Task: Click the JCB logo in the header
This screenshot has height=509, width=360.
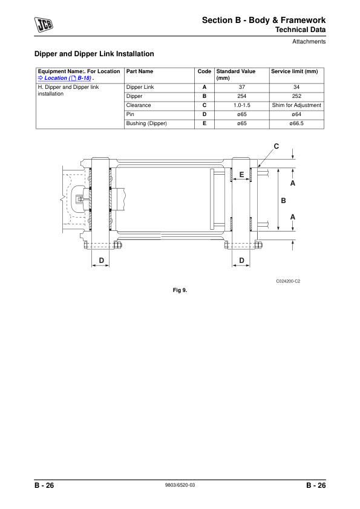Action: coord(44,24)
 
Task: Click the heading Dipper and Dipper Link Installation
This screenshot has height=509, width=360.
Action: coord(94,54)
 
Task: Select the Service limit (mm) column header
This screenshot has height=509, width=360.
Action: coord(294,71)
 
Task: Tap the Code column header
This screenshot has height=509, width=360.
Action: coord(204,71)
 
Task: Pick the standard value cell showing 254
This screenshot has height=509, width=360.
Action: coord(241,96)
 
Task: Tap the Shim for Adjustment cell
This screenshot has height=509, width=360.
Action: coord(296,105)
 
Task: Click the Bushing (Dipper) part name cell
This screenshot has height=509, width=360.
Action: coord(146,123)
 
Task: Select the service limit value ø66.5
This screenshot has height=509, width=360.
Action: coord(296,123)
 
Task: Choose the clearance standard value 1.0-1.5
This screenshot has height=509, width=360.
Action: coord(241,105)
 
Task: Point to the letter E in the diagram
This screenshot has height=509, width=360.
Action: coord(241,174)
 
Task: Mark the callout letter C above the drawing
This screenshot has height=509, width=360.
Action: coord(277,146)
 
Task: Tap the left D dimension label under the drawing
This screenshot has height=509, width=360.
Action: coord(101,261)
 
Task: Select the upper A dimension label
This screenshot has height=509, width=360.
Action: coord(293,183)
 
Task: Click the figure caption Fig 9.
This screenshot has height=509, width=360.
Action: coord(180,290)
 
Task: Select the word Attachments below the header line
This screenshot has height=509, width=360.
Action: coord(309,42)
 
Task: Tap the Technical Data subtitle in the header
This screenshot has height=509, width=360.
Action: coord(301,30)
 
